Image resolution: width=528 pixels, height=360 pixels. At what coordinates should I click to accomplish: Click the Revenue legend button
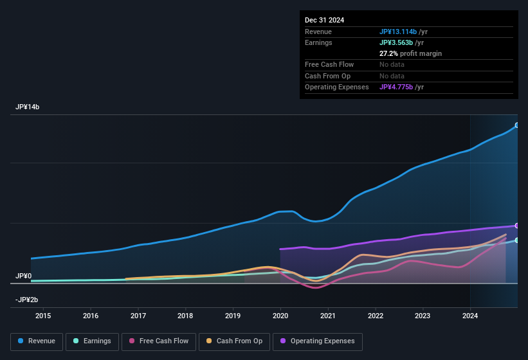tap(37, 341)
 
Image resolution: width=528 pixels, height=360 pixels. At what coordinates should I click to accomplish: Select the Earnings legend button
tap(92, 341)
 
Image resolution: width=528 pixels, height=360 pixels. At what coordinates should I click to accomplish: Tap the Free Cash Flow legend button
tap(158, 341)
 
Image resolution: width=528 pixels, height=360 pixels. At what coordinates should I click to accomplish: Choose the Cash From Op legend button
tap(235, 341)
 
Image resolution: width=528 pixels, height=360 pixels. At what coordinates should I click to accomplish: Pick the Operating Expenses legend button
tap(317, 341)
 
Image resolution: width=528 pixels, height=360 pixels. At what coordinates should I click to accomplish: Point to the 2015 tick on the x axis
tap(43, 316)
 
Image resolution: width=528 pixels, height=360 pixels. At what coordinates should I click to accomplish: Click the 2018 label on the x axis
tap(185, 316)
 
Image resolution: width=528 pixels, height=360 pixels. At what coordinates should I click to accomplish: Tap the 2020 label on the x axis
tap(280, 316)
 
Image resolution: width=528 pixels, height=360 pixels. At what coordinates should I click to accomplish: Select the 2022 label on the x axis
tap(376, 316)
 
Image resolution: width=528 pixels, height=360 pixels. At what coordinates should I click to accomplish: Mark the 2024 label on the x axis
tap(470, 316)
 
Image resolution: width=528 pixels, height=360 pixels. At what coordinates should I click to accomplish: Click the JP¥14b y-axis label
tap(27, 107)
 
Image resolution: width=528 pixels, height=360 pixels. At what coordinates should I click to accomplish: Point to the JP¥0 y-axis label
tap(24, 276)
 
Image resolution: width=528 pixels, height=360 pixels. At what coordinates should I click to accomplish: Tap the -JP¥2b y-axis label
tap(27, 300)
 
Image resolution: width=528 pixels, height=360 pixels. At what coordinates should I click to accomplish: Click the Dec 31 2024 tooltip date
tap(324, 20)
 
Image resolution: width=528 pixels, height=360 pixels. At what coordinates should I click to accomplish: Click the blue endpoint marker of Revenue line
tap(517, 125)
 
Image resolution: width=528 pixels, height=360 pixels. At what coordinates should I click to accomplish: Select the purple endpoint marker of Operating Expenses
tap(517, 226)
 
